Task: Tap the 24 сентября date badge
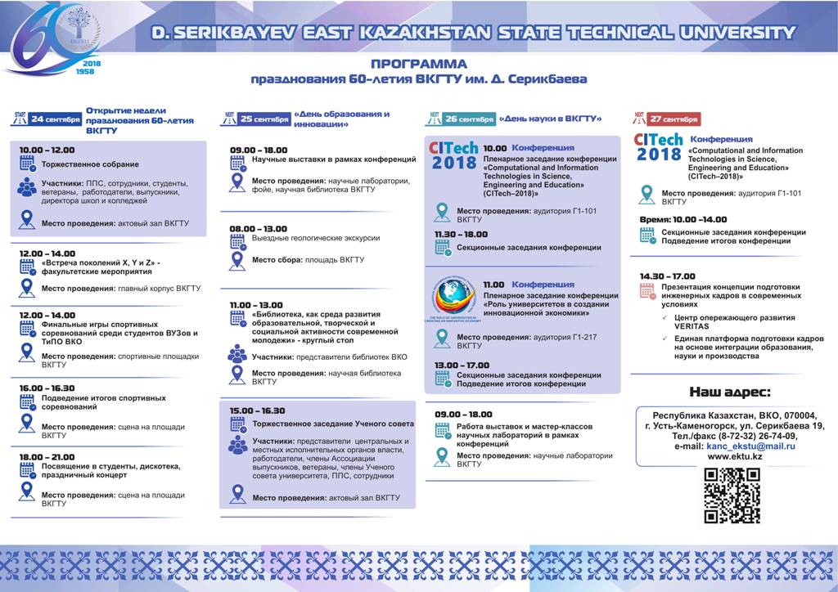56,119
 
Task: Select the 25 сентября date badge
264,119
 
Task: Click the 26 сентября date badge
469,119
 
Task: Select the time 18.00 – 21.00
47,457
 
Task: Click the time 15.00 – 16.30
258,410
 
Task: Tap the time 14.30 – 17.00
668,276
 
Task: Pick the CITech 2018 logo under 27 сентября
659,148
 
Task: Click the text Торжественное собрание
80,164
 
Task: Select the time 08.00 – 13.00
259,229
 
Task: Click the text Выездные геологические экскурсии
316,238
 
